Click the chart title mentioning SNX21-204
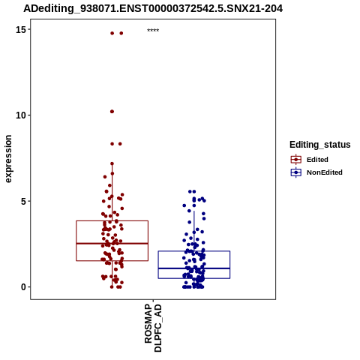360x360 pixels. click(x=153, y=9)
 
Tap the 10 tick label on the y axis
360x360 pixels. click(x=20, y=115)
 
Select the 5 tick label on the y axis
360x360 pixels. click(x=23, y=201)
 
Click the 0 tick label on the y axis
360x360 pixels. click(x=23, y=287)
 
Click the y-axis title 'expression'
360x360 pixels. click(x=8, y=159)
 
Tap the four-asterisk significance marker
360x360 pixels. click(x=153, y=31)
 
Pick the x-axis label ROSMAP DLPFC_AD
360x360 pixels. click(x=153, y=328)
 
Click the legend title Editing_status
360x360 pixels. click(x=319, y=145)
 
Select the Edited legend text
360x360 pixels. click(x=317, y=160)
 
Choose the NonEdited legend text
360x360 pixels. click(x=325, y=172)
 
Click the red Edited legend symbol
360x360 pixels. click(x=296, y=160)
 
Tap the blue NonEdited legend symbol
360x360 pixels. click(x=296, y=172)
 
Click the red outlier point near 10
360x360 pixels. click(x=112, y=112)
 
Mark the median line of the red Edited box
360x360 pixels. click(x=112, y=243)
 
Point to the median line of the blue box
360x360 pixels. click(x=194, y=268)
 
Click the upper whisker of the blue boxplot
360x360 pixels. click(x=194, y=231)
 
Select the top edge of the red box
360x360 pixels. click(x=112, y=220)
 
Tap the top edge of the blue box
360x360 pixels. click(x=194, y=251)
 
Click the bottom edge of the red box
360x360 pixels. click(x=112, y=261)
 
